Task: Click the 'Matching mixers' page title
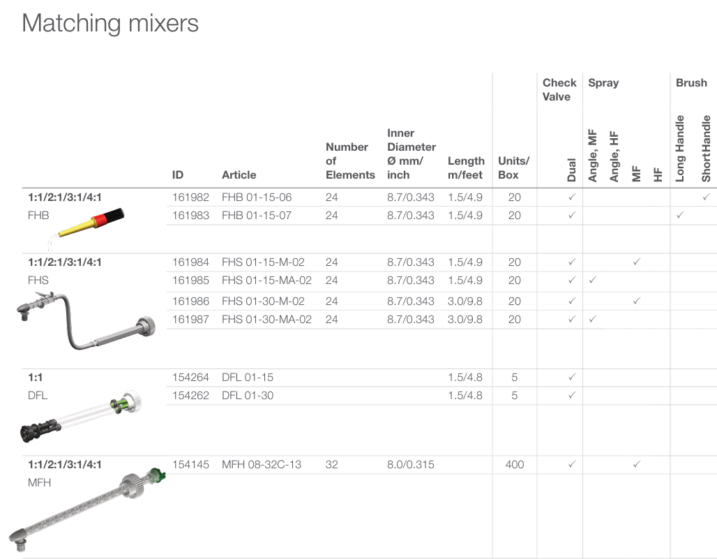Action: (x=110, y=23)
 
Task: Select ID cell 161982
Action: (x=190, y=197)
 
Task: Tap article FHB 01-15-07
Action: (x=257, y=216)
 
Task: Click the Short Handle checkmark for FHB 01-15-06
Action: (x=707, y=197)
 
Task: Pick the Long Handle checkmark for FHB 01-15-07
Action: (x=680, y=215)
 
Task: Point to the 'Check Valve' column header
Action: (x=559, y=89)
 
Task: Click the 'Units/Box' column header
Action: (x=513, y=168)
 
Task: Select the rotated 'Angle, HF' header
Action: (x=614, y=156)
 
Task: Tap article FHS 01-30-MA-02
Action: (x=266, y=320)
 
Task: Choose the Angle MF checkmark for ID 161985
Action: (x=593, y=280)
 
